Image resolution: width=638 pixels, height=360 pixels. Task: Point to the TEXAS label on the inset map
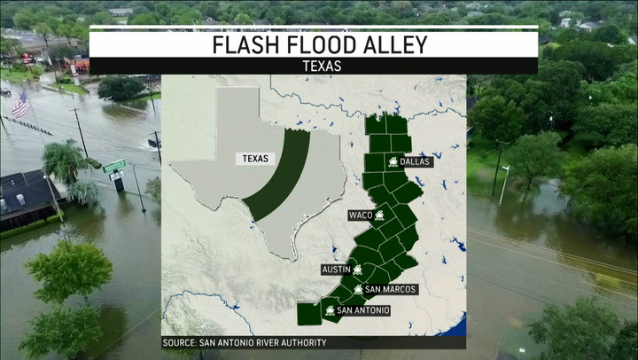pyautogui.click(x=257, y=159)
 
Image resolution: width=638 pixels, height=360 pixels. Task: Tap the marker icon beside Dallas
pyautogui.click(x=393, y=161)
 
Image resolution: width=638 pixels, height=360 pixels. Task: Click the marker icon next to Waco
pyautogui.click(x=379, y=215)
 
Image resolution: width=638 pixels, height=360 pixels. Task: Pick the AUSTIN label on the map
pyautogui.click(x=336, y=269)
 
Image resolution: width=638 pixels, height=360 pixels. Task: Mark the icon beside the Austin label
pyautogui.click(x=358, y=269)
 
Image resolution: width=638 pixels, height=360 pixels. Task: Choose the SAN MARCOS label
pyautogui.click(x=391, y=290)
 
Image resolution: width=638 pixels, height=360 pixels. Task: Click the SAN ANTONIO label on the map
pyautogui.click(x=362, y=310)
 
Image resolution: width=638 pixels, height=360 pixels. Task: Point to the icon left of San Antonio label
pyautogui.click(x=330, y=310)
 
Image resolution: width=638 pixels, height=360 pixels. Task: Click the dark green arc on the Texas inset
pyautogui.click(x=282, y=177)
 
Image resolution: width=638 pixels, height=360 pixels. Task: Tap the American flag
pyautogui.click(x=19, y=106)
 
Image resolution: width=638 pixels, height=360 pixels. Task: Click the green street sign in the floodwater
pyautogui.click(x=114, y=166)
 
